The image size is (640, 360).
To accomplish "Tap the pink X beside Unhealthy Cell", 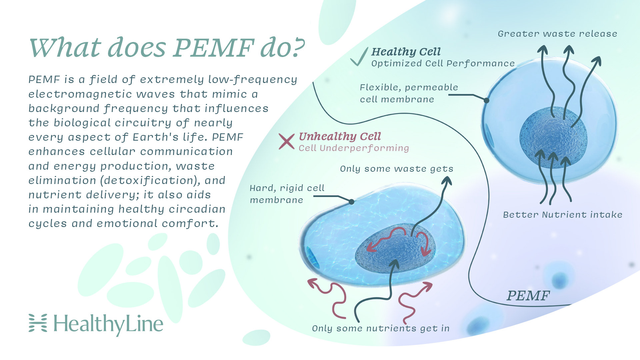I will pyautogui.click(x=286, y=141).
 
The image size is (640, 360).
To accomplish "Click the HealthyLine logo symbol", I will pyautogui.click(x=38, y=323).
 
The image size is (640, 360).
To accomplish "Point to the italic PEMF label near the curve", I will pyautogui.click(x=528, y=296).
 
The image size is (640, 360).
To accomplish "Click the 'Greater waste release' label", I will pyautogui.click(x=557, y=34).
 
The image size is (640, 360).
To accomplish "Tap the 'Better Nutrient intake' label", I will pyautogui.click(x=562, y=215).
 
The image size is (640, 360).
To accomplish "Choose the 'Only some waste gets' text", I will pyautogui.click(x=396, y=169).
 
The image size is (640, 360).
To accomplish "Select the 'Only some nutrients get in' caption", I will pyautogui.click(x=381, y=328).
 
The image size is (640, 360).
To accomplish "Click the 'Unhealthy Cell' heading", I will pyautogui.click(x=339, y=136).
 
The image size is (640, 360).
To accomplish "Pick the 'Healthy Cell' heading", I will pyautogui.click(x=406, y=52).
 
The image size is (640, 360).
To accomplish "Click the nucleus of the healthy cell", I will pyautogui.click(x=553, y=137).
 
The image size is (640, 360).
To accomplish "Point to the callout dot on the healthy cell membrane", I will pyautogui.click(x=486, y=100).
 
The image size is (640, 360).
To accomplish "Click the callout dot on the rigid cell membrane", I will pyautogui.click(x=351, y=202).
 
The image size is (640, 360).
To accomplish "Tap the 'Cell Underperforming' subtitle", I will pyautogui.click(x=353, y=148).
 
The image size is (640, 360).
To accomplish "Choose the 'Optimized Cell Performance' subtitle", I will pyautogui.click(x=443, y=63).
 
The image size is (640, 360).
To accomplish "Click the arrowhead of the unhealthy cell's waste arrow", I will pyautogui.click(x=447, y=181).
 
